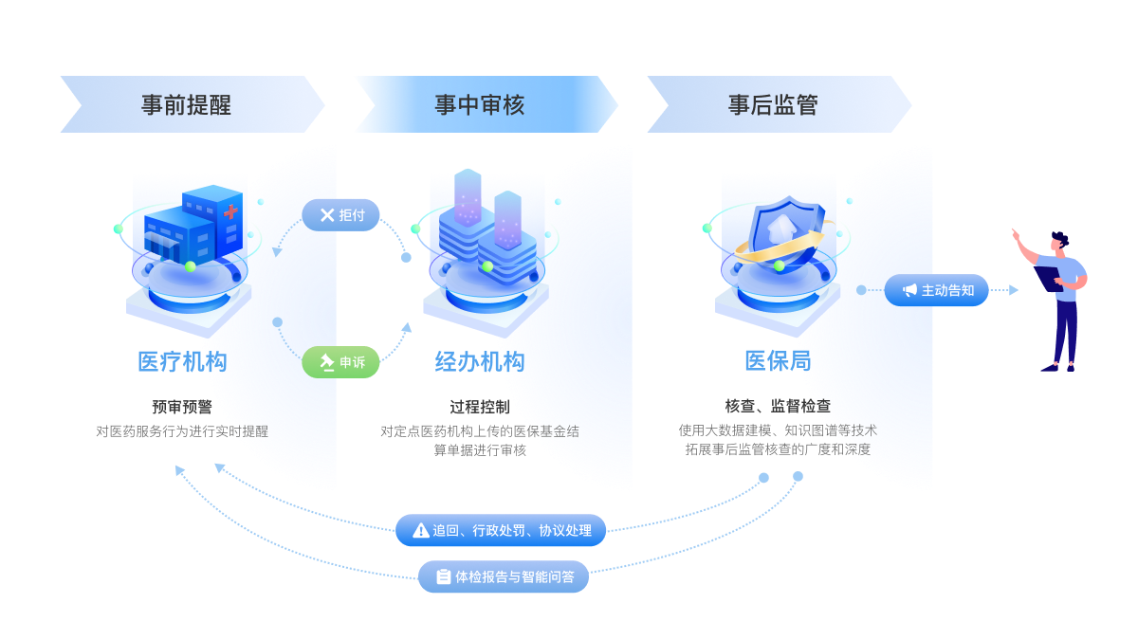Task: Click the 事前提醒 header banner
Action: tap(187, 104)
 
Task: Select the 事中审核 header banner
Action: tap(480, 104)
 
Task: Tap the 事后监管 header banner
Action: tap(773, 104)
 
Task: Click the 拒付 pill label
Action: tap(341, 215)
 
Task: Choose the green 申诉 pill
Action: tap(340, 362)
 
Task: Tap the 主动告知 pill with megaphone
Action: tap(936, 290)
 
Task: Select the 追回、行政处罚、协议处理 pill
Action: tap(501, 531)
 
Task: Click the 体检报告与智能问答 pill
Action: tap(504, 576)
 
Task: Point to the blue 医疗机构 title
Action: tap(182, 362)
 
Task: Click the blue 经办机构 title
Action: tap(480, 362)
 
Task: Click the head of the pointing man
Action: tap(1059, 242)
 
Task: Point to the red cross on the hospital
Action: tap(230, 213)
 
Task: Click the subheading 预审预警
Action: tap(182, 407)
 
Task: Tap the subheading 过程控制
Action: tap(480, 408)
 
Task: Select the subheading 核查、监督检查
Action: tap(778, 406)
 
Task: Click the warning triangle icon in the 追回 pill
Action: tap(421, 531)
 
